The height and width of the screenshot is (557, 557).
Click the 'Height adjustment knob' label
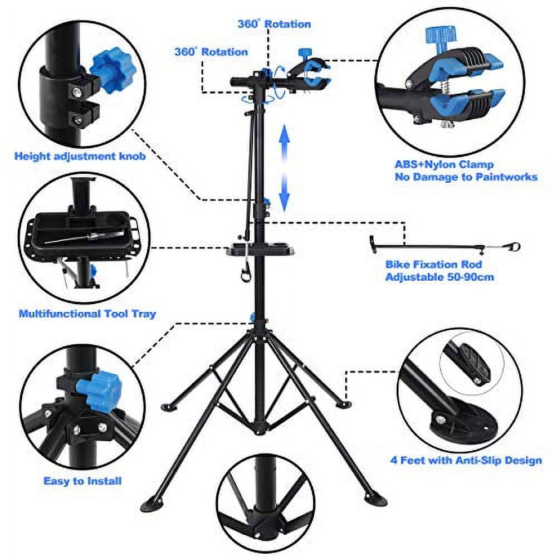(80, 157)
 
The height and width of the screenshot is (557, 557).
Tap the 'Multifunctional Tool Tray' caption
(87, 314)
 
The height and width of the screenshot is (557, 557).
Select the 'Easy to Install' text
(82, 481)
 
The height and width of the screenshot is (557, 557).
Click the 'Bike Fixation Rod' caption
(433, 264)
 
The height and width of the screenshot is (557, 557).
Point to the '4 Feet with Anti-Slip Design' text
(466, 460)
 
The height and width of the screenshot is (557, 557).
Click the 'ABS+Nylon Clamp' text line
(444, 165)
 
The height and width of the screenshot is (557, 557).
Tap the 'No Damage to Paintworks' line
(466, 177)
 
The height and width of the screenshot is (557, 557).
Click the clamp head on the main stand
(309, 75)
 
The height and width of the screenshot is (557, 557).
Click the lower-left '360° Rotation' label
(211, 51)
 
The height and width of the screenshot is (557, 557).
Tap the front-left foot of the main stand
(151, 506)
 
